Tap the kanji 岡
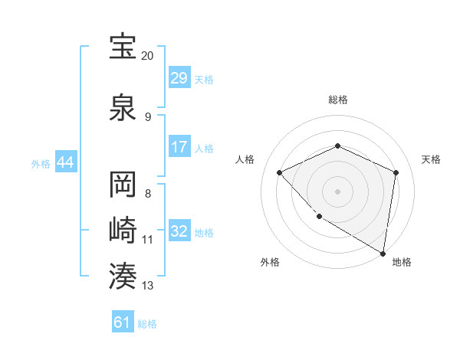tap(123, 185)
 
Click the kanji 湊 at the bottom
tap(123, 275)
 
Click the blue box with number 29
tap(179, 79)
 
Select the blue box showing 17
tap(179, 148)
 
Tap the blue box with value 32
tap(179, 232)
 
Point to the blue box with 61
tap(123, 322)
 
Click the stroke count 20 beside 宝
tap(148, 56)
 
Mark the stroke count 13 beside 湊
tap(148, 286)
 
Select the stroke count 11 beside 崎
tap(148, 239)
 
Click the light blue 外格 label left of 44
tap(41, 163)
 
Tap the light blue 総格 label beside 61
tap(147, 324)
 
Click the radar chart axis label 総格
tap(337, 100)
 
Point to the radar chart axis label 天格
tap(431, 159)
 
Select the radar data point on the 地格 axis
tap(383, 253)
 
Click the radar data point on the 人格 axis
tap(280, 172)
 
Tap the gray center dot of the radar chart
tap(337, 191)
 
